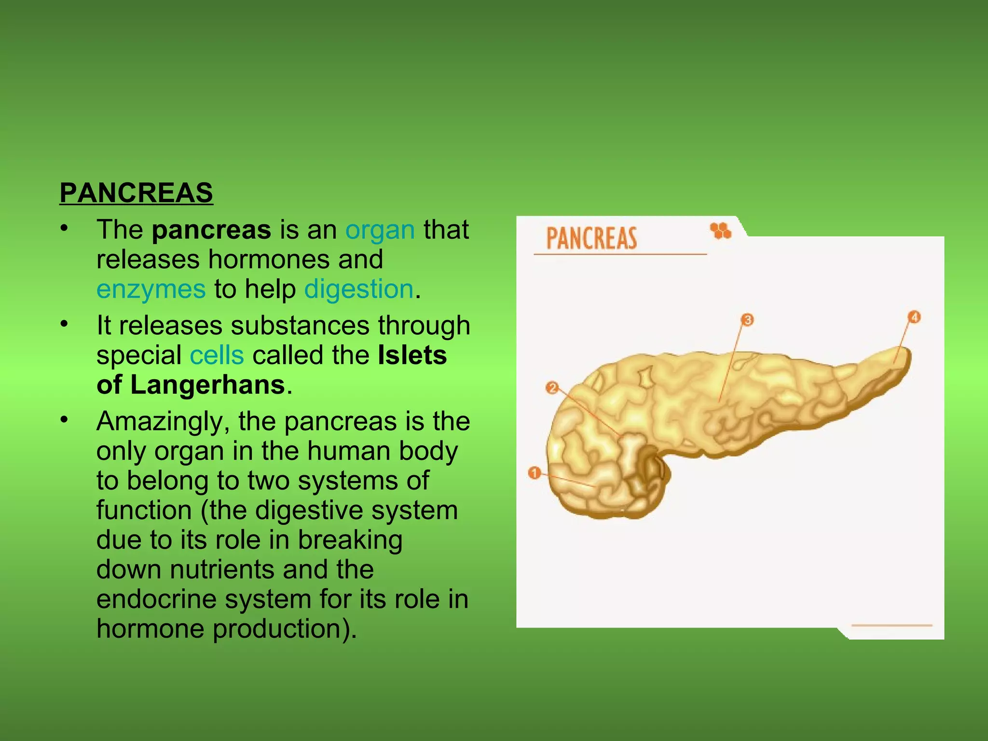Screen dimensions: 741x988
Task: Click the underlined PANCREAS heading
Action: pyautogui.click(x=136, y=193)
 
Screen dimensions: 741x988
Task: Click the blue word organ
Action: pyautogui.click(x=380, y=230)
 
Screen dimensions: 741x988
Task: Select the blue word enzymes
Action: pyautogui.click(x=151, y=289)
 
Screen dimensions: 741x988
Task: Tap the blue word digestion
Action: pyautogui.click(x=359, y=289)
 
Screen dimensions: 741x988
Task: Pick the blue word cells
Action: pyautogui.click(x=217, y=356)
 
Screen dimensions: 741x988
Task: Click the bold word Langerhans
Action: pyautogui.click(x=207, y=385)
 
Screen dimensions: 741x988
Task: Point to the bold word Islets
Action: pyautogui.click(x=412, y=356)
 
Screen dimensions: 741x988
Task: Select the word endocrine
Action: pyautogui.click(x=155, y=599)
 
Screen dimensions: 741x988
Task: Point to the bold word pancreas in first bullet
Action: pyautogui.click(x=211, y=230)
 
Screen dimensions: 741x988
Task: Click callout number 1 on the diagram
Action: pyautogui.click(x=534, y=473)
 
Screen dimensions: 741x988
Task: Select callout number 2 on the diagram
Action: pyautogui.click(x=552, y=388)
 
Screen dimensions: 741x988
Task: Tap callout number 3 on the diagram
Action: pyautogui.click(x=747, y=320)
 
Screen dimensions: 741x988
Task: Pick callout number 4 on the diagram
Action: pyautogui.click(x=914, y=317)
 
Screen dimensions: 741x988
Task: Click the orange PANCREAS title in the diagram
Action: pyautogui.click(x=591, y=238)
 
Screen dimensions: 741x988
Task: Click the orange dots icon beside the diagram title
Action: pyautogui.click(x=721, y=231)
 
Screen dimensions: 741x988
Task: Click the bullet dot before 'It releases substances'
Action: pyautogui.click(x=64, y=324)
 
